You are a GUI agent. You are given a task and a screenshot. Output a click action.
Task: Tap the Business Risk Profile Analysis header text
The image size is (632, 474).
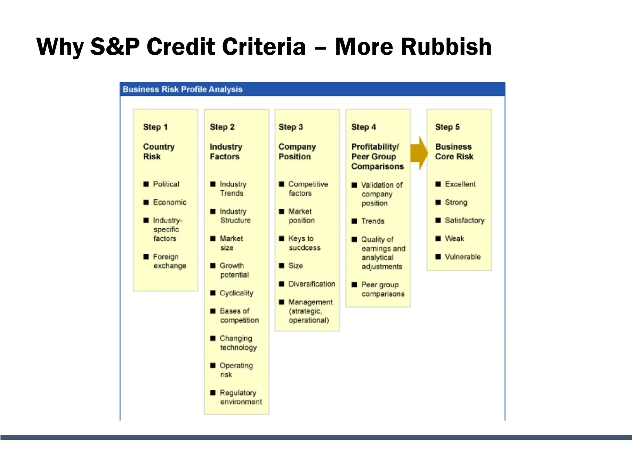pos(183,89)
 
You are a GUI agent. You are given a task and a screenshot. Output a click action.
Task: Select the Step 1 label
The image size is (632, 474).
pos(155,127)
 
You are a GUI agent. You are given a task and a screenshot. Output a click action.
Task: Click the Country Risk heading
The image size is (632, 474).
pos(159,152)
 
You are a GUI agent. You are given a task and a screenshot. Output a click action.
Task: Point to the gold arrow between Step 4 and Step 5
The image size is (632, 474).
pos(419,153)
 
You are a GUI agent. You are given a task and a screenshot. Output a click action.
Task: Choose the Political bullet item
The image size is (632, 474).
pos(166,184)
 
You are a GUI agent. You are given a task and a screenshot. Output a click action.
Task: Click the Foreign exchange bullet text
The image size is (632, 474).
pos(169,261)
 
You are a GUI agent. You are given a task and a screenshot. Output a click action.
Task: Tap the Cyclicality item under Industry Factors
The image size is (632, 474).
pos(236,293)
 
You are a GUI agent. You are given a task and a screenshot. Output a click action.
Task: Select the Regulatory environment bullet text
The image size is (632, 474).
pos(241,397)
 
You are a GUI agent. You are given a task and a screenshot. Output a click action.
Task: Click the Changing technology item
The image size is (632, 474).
pos(238,343)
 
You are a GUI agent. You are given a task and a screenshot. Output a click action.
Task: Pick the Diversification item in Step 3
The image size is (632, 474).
pos(312,284)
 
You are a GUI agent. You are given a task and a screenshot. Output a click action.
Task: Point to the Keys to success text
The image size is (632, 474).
pos(304,243)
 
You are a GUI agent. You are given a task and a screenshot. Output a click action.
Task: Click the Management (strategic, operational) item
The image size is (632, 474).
pos(310,311)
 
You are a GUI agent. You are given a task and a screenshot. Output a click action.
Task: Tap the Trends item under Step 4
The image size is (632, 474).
pos(373,221)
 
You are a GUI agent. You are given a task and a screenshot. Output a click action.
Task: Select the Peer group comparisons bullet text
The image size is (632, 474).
pos(383,289)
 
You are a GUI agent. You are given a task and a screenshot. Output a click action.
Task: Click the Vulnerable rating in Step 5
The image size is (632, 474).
pos(463,257)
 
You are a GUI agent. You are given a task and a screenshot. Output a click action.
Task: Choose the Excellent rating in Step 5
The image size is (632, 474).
pos(460,184)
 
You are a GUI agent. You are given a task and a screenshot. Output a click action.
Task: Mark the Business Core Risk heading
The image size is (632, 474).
pos(454,152)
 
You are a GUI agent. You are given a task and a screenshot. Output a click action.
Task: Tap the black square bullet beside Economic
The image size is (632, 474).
pos(146,202)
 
